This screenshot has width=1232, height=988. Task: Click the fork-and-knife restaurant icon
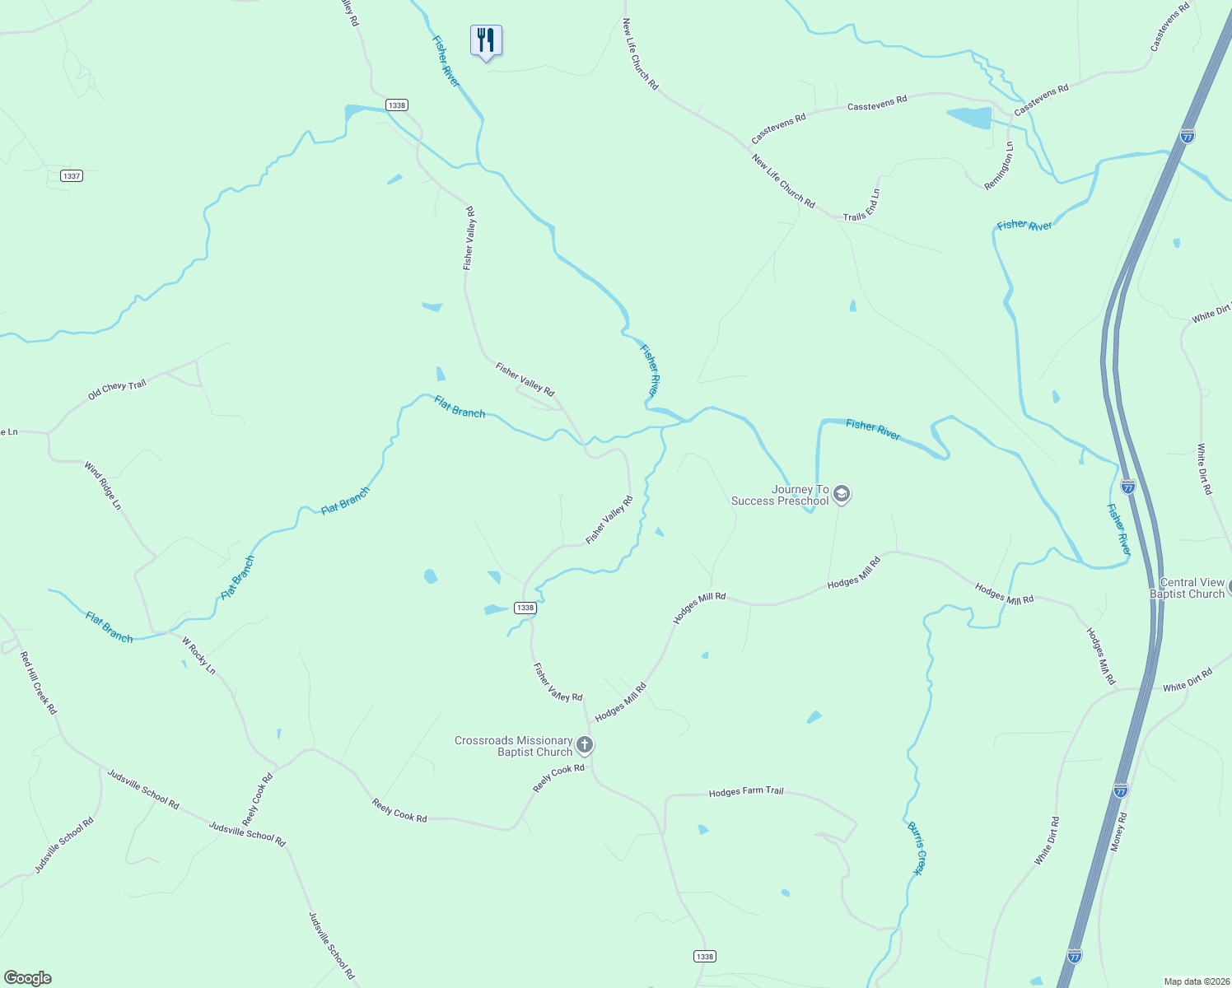486,40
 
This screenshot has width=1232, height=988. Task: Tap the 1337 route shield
72,176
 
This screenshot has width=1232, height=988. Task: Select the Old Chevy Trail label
117,389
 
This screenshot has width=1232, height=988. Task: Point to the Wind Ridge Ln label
103,485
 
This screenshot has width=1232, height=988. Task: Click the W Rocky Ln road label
198,655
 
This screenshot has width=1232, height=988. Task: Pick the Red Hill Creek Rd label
39,683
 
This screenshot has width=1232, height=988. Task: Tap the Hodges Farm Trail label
746,791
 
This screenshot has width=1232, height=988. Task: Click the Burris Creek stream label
916,847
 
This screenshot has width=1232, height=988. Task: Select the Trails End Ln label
862,206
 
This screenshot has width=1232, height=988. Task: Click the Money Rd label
1118,832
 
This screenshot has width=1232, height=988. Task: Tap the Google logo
27,978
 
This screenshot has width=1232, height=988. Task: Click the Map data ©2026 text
1196,981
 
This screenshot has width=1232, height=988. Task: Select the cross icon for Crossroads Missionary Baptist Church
585,746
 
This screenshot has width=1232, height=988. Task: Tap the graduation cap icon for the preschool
841,494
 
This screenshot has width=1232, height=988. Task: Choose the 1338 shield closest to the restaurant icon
397,105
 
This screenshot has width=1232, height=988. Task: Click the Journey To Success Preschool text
781,495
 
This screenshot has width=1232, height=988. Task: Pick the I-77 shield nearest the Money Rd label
1121,790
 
